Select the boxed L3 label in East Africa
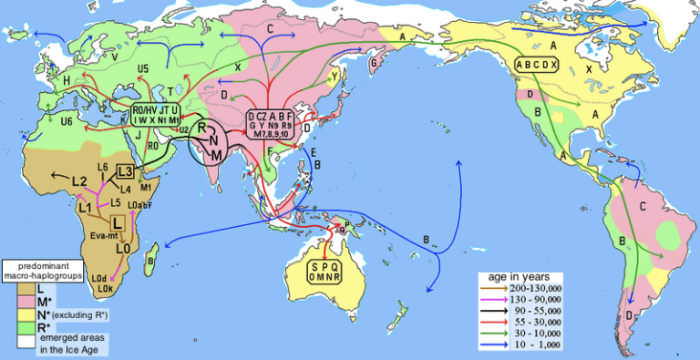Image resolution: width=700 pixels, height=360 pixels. coord(125,173)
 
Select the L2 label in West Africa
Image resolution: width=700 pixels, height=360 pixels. coord(79,180)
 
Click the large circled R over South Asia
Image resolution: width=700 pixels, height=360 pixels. coord(204,129)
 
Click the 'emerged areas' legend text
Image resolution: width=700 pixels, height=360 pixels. coord(69,339)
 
